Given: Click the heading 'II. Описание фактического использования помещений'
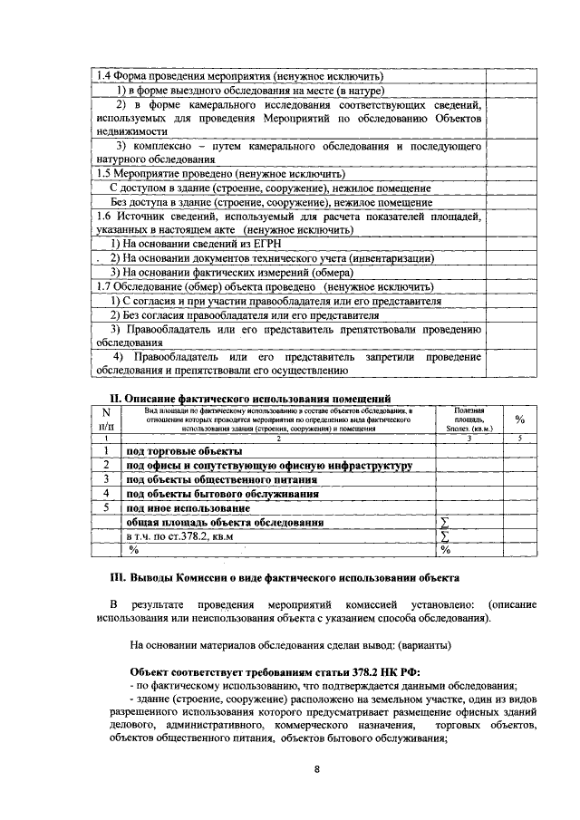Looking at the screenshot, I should pos(250,398).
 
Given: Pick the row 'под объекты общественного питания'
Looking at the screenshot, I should pos(222,479).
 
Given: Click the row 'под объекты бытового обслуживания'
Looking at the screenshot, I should pos(222,494).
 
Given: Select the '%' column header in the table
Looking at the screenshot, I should pos(520,420).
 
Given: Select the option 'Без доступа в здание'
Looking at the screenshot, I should pos(257,202).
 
